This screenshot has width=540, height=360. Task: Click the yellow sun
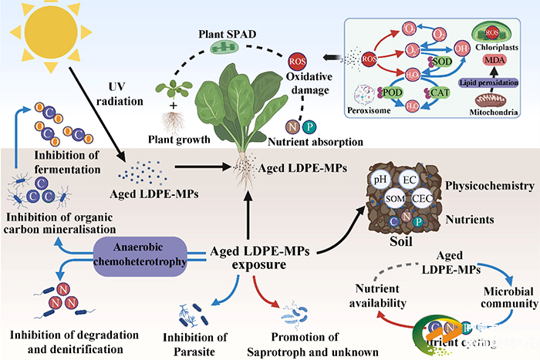[x=42, y=37]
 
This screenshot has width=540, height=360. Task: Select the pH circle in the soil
[x=380, y=180]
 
